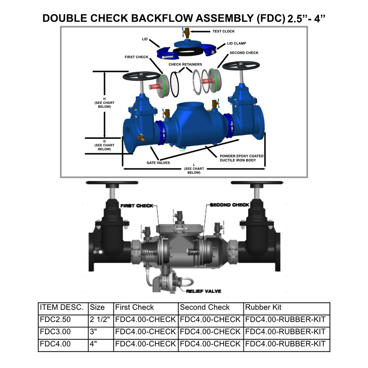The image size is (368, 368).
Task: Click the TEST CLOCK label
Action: (x=223, y=31)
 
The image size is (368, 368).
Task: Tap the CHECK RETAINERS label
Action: (x=185, y=64)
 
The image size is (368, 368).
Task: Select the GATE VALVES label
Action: (x=158, y=163)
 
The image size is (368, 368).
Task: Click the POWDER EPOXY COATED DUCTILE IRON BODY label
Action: (x=242, y=158)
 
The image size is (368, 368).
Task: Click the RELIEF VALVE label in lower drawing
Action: (x=204, y=291)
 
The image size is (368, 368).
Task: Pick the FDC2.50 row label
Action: (x=55, y=319)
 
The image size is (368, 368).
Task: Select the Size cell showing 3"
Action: (x=94, y=332)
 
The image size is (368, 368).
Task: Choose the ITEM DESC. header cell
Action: (x=61, y=307)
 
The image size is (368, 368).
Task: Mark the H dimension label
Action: (x=104, y=103)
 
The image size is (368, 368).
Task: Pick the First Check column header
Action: (x=135, y=307)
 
